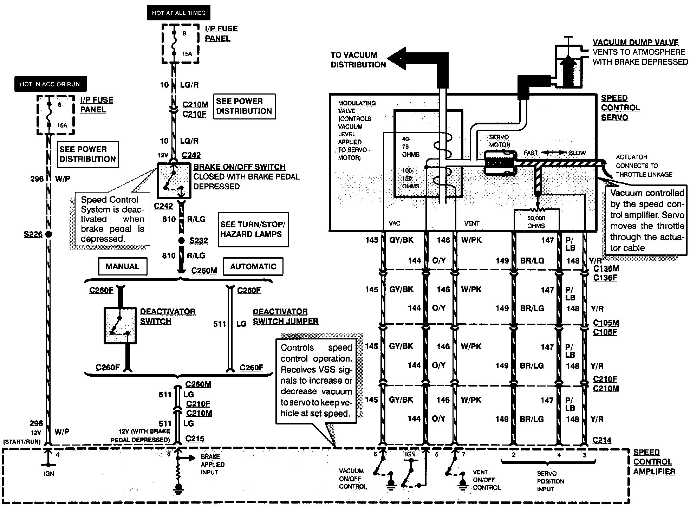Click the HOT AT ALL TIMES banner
tap(178, 13)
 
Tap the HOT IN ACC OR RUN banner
tap(50, 84)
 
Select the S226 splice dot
tap(49, 234)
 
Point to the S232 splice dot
tap(181, 241)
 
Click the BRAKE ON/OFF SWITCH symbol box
tap(174, 181)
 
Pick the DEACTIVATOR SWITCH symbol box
tap(120, 325)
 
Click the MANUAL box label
tap(122, 266)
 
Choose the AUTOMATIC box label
tap(253, 266)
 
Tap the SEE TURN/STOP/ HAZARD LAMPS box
tap(253, 229)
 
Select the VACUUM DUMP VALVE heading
tap(636, 42)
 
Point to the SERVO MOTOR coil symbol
tap(500, 163)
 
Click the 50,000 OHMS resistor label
tap(536, 222)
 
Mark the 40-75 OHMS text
tap(410, 147)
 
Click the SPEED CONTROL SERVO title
tap(620, 108)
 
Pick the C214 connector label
tap(601, 440)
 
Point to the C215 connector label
tap(195, 439)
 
